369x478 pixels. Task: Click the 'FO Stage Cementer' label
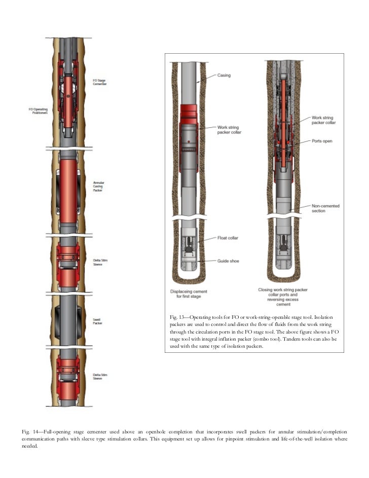coord(99,82)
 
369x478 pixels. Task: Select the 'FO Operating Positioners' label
coord(38,109)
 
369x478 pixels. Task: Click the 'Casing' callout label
coord(224,75)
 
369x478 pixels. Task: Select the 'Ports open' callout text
coord(322,141)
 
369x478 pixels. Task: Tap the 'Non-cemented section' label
coord(325,208)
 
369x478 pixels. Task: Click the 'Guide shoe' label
coord(228,261)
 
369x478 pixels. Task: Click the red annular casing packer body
coord(67,193)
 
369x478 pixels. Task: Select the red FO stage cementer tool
coord(67,96)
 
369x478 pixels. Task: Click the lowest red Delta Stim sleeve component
coord(67,378)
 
